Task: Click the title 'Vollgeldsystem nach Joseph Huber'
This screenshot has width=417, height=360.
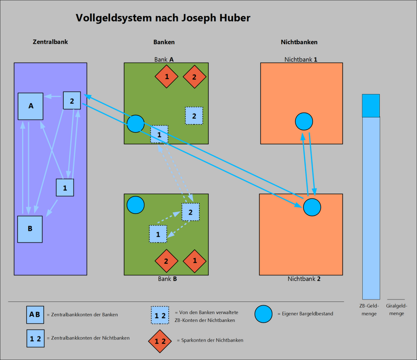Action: point(163,18)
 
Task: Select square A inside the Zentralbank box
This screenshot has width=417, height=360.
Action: point(31,106)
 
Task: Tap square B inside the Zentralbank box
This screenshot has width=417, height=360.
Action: point(30,229)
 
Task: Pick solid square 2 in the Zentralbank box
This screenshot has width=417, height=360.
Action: point(72,101)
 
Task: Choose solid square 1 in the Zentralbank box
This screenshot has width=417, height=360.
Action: point(65,188)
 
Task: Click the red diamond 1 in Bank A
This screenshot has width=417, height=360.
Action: point(167,77)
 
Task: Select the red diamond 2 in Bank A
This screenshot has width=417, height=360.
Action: point(194,77)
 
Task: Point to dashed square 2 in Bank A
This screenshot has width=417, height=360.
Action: point(194,116)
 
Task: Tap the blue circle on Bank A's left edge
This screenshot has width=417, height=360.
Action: point(135,123)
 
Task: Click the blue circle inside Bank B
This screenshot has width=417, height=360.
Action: point(135,205)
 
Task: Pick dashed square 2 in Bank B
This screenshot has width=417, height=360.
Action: point(191,212)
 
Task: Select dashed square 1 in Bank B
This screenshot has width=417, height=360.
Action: point(158,234)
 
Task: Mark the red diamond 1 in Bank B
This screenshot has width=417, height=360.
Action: point(194,260)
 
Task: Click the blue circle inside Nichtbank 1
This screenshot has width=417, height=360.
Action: point(304,121)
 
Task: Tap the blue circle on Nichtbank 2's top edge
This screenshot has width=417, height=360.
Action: point(312,207)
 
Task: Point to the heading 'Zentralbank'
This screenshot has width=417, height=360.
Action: point(50,42)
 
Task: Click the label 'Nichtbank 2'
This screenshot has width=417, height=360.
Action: point(304,279)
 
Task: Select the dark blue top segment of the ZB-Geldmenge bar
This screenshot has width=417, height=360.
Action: point(370,106)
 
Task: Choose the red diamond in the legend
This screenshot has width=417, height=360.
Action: point(160,340)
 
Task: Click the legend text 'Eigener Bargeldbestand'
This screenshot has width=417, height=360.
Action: point(305,313)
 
